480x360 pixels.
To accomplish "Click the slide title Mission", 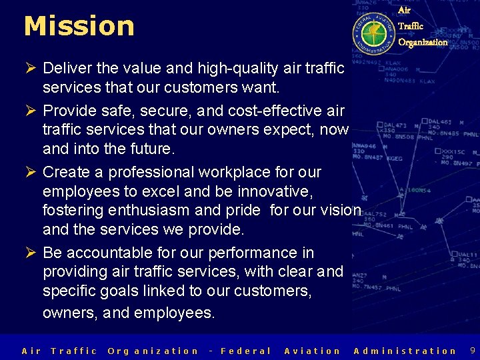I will point(79,26).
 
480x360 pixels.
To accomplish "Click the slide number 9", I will point(472,350).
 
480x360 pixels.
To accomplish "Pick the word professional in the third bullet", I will point(154,172).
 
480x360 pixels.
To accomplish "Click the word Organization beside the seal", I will point(423,42).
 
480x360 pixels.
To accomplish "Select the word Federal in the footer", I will point(245,351).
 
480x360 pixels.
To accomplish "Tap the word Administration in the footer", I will point(405,351).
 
